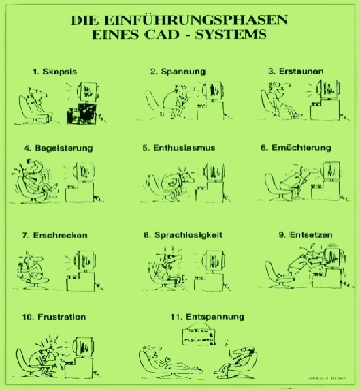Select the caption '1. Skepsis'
(x=54, y=71)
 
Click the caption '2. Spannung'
(x=178, y=71)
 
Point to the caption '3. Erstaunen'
(x=296, y=71)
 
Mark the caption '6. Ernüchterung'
(x=299, y=147)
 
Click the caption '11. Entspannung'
(x=198, y=317)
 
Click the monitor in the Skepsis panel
(x=88, y=92)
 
